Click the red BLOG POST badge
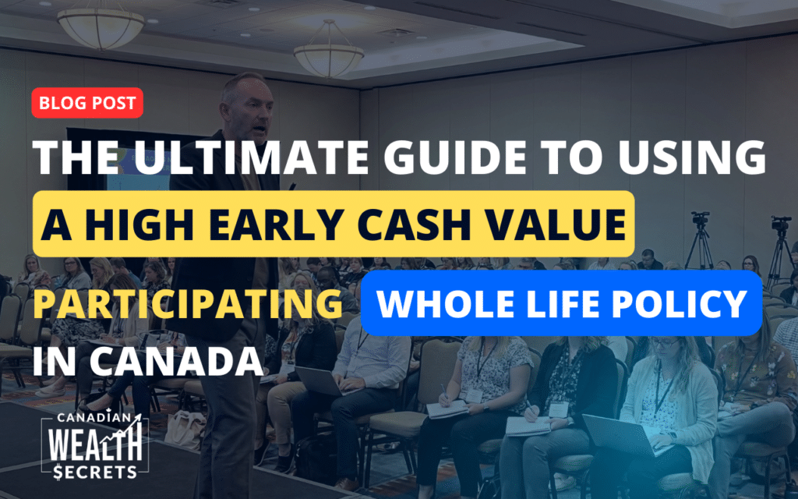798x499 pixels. tap(87, 103)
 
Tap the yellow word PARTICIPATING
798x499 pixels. tap(187, 303)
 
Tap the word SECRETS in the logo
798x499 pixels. tap(95, 472)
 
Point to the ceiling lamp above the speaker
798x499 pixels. tap(329, 55)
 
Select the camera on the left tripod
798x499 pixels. tap(701, 219)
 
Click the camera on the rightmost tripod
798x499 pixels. tap(781, 224)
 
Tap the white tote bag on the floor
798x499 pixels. tap(185, 430)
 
